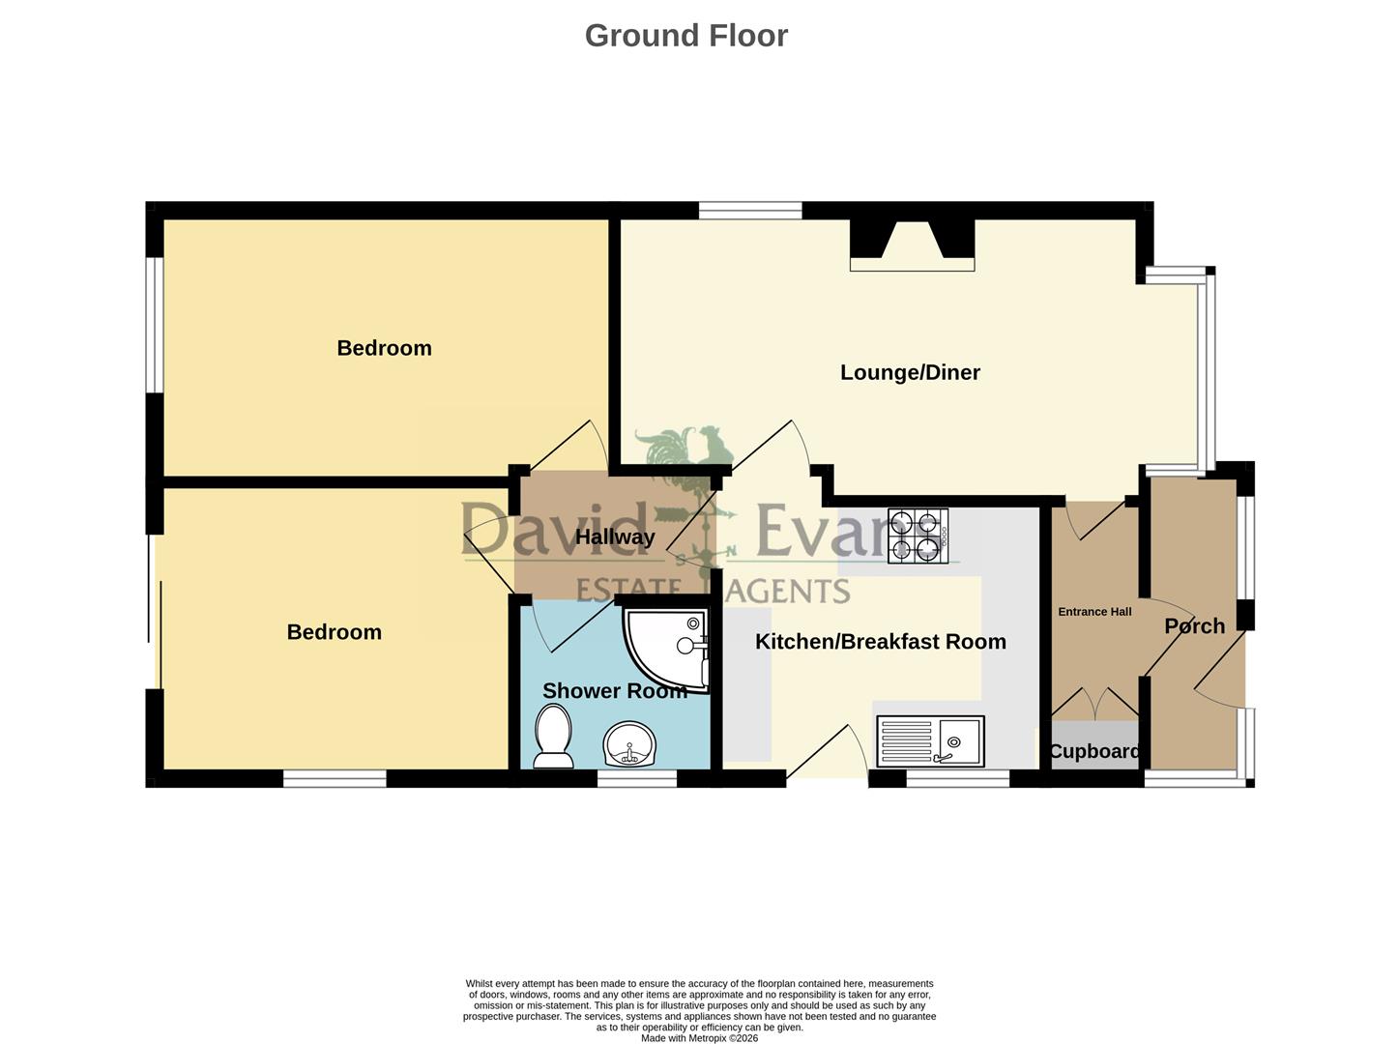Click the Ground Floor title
coord(685,36)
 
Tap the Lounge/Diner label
coord(910,372)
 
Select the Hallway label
coord(614,536)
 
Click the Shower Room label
coord(614,690)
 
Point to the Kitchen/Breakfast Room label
coord(880,642)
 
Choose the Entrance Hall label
coord(1094,612)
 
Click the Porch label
coord(1194,626)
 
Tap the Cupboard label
coord(1093,752)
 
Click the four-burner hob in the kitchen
coord(918,536)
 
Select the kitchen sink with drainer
coord(930,740)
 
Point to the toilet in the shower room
coord(553,736)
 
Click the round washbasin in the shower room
coord(629,744)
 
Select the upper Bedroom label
coord(384,348)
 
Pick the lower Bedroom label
coord(334,632)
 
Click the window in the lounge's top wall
coord(750,210)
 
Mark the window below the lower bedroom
coord(335,778)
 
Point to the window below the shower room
coord(637,778)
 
